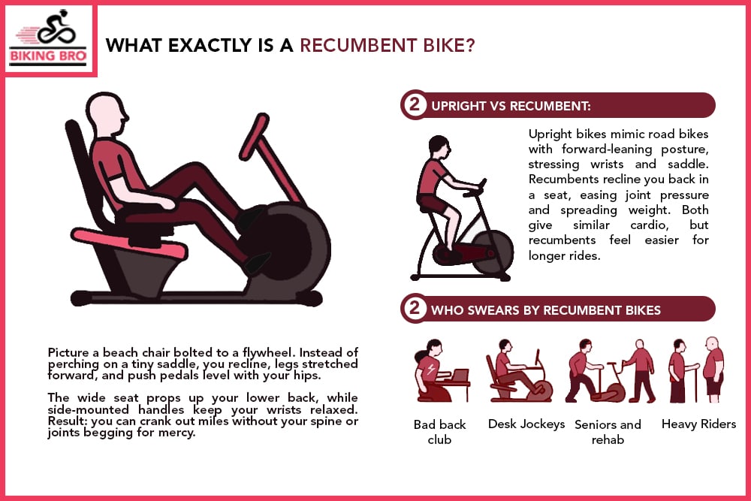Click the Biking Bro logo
pos(49,39)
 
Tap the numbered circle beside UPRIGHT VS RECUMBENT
pos(413,105)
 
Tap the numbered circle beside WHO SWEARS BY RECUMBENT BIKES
pos(413,309)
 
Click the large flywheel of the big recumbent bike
pos(289,248)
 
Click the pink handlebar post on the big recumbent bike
pos(274,161)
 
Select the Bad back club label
pos(439,432)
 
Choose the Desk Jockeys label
pos(526,424)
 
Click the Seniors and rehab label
pos(608,432)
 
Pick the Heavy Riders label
pos(698,424)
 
